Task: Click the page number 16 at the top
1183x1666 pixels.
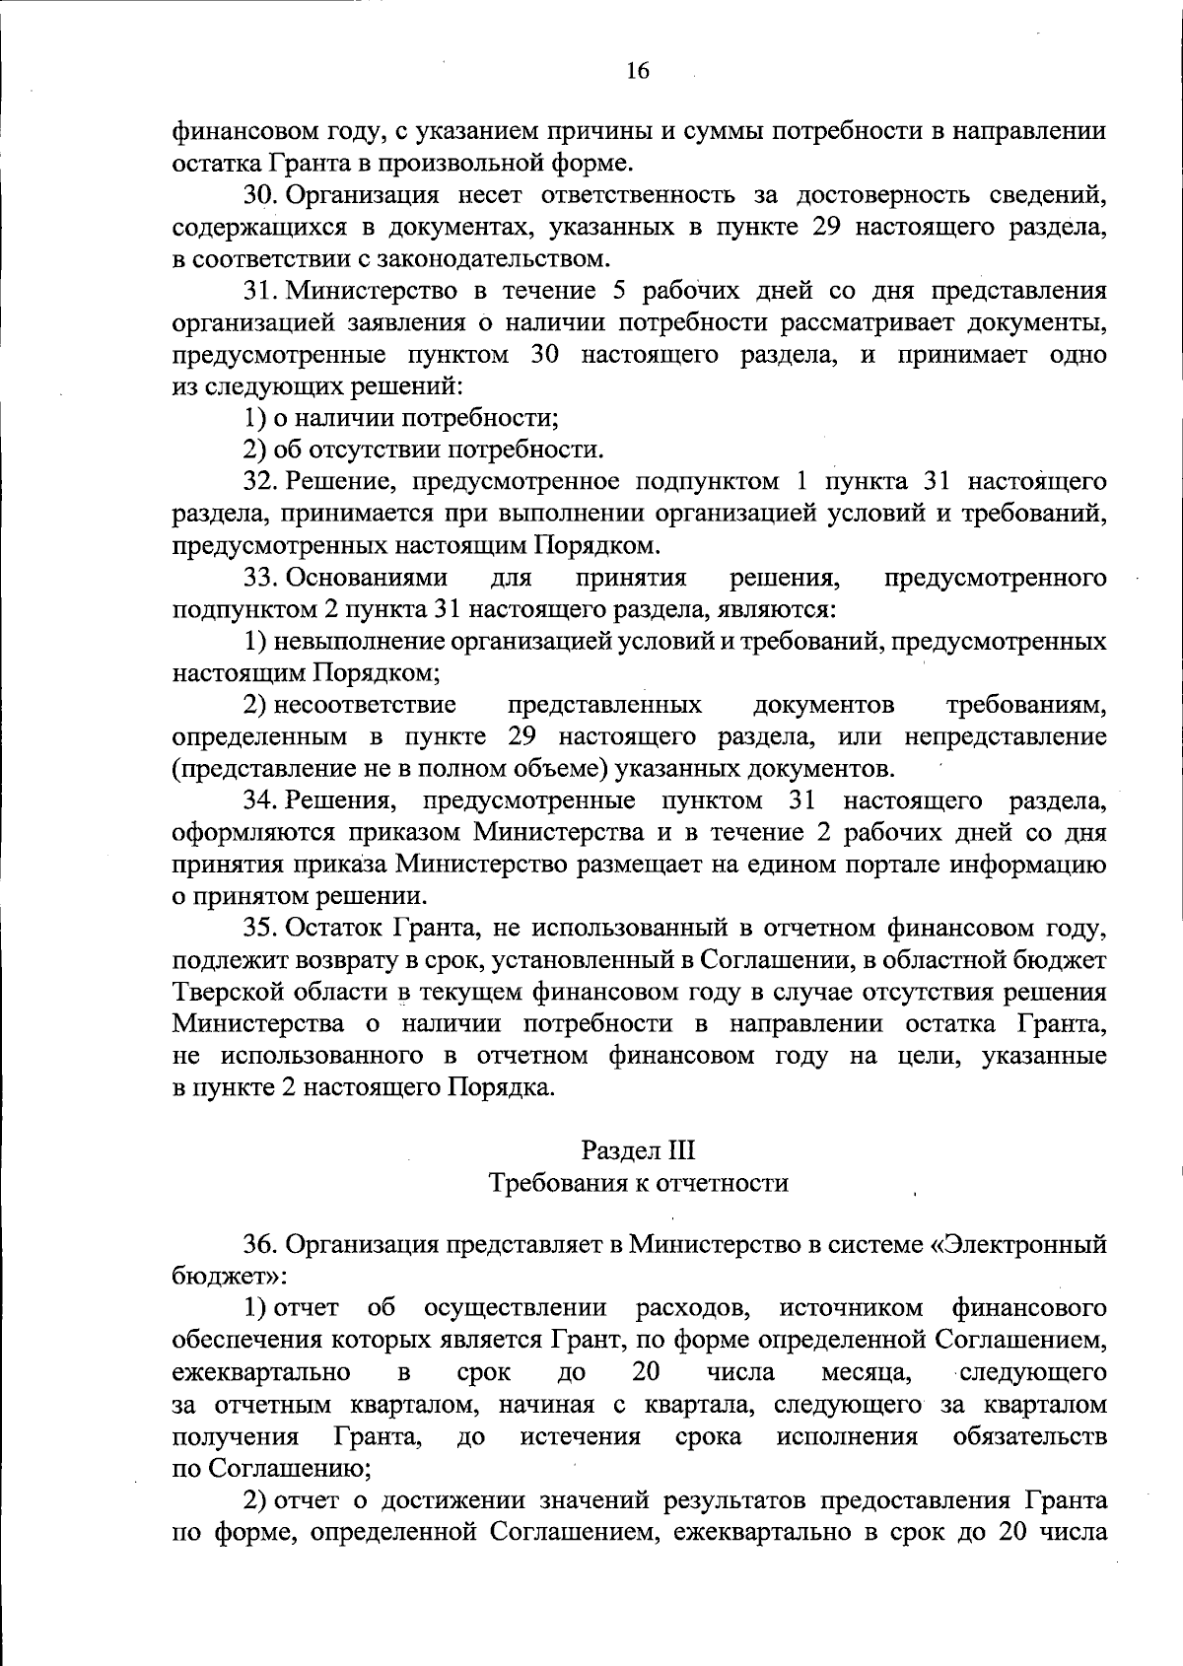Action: click(x=637, y=70)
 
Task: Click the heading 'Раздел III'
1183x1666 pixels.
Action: click(x=638, y=1149)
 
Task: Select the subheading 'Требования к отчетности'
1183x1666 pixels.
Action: click(x=639, y=1182)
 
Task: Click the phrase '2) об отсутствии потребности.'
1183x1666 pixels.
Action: click(x=423, y=451)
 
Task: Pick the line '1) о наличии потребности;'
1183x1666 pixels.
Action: click(x=401, y=418)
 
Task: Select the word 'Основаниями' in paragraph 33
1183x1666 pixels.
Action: click(x=366, y=577)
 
